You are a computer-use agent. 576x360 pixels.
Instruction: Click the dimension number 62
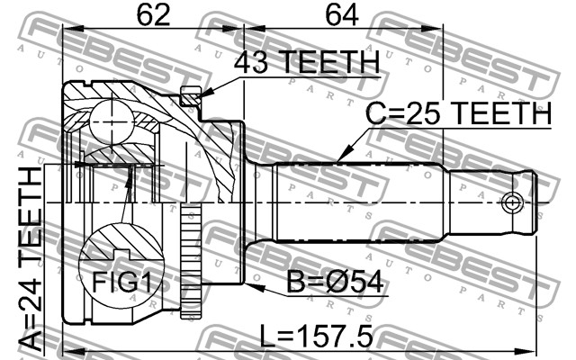click(153, 15)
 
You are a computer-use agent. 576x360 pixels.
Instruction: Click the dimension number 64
click(341, 15)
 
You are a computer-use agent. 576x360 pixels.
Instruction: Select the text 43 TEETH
click(307, 62)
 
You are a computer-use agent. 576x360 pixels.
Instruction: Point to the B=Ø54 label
click(335, 282)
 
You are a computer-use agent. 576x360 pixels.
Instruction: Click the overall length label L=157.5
click(316, 336)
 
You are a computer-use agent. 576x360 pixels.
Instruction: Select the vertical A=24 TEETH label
click(31, 258)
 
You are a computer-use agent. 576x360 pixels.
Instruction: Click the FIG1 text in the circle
click(121, 282)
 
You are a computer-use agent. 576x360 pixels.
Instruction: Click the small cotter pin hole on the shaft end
click(512, 202)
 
